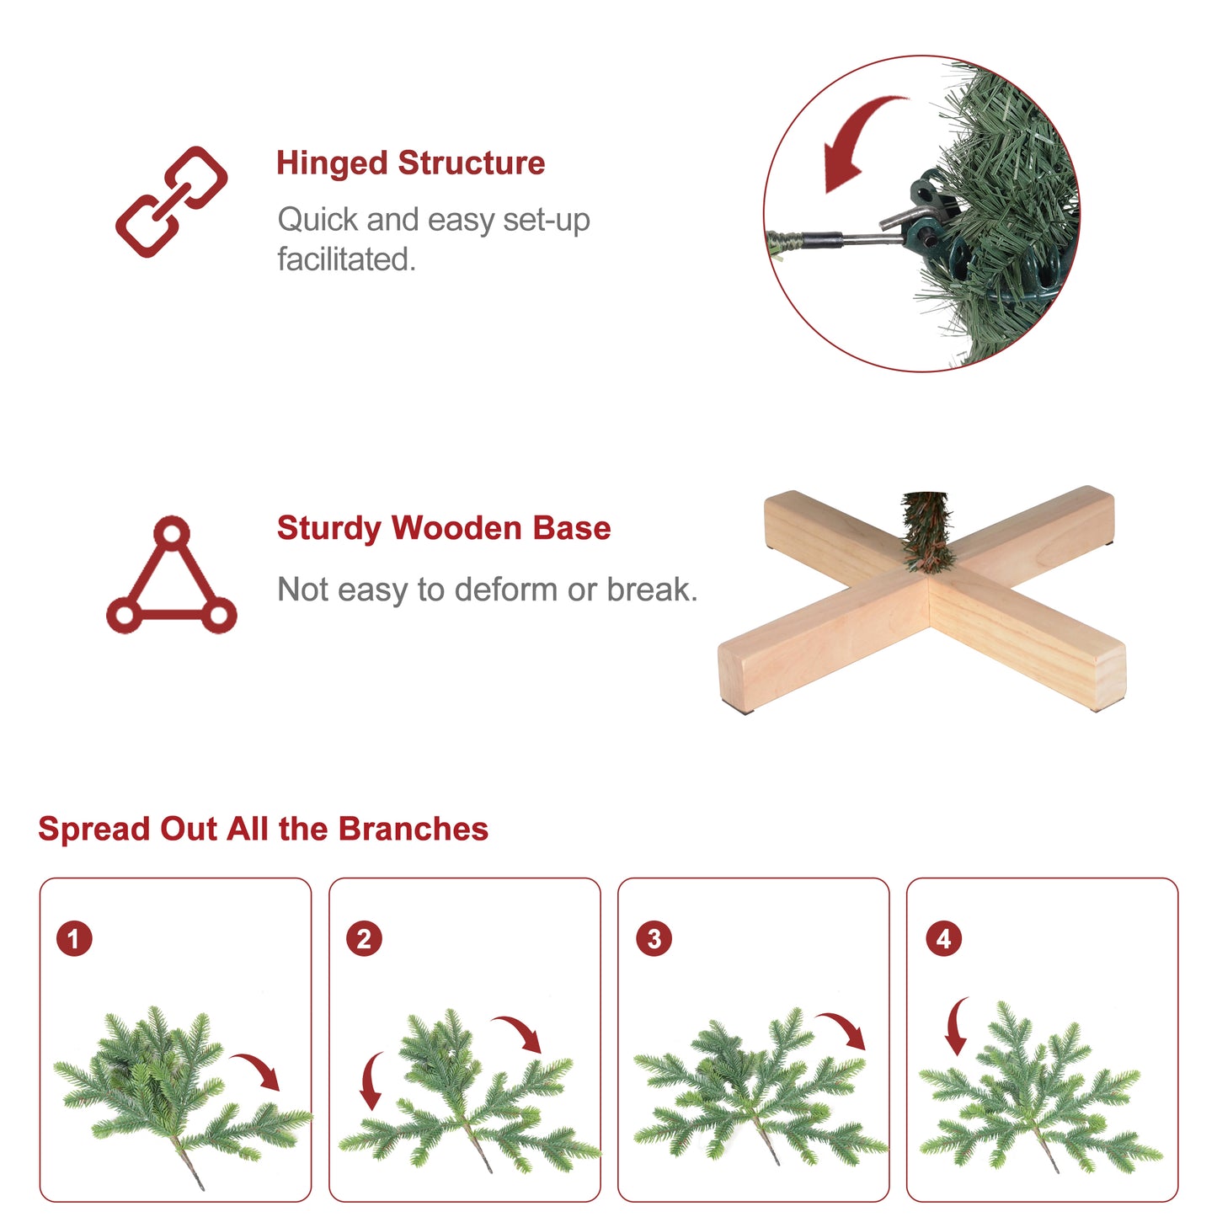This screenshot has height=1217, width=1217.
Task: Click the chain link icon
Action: point(172,202)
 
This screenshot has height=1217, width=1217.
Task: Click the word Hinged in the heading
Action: point(332,164)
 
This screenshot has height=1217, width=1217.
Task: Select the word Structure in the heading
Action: point(471,163)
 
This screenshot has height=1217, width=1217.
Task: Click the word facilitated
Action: point(347,259)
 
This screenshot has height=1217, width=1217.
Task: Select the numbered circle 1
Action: point(74,938)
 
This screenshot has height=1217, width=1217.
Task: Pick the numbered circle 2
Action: point(364,938)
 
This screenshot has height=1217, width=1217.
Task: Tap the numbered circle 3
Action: point(654,938)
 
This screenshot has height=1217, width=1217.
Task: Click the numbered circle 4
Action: point(943,938)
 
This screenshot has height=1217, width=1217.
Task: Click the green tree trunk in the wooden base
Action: point(925,531)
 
